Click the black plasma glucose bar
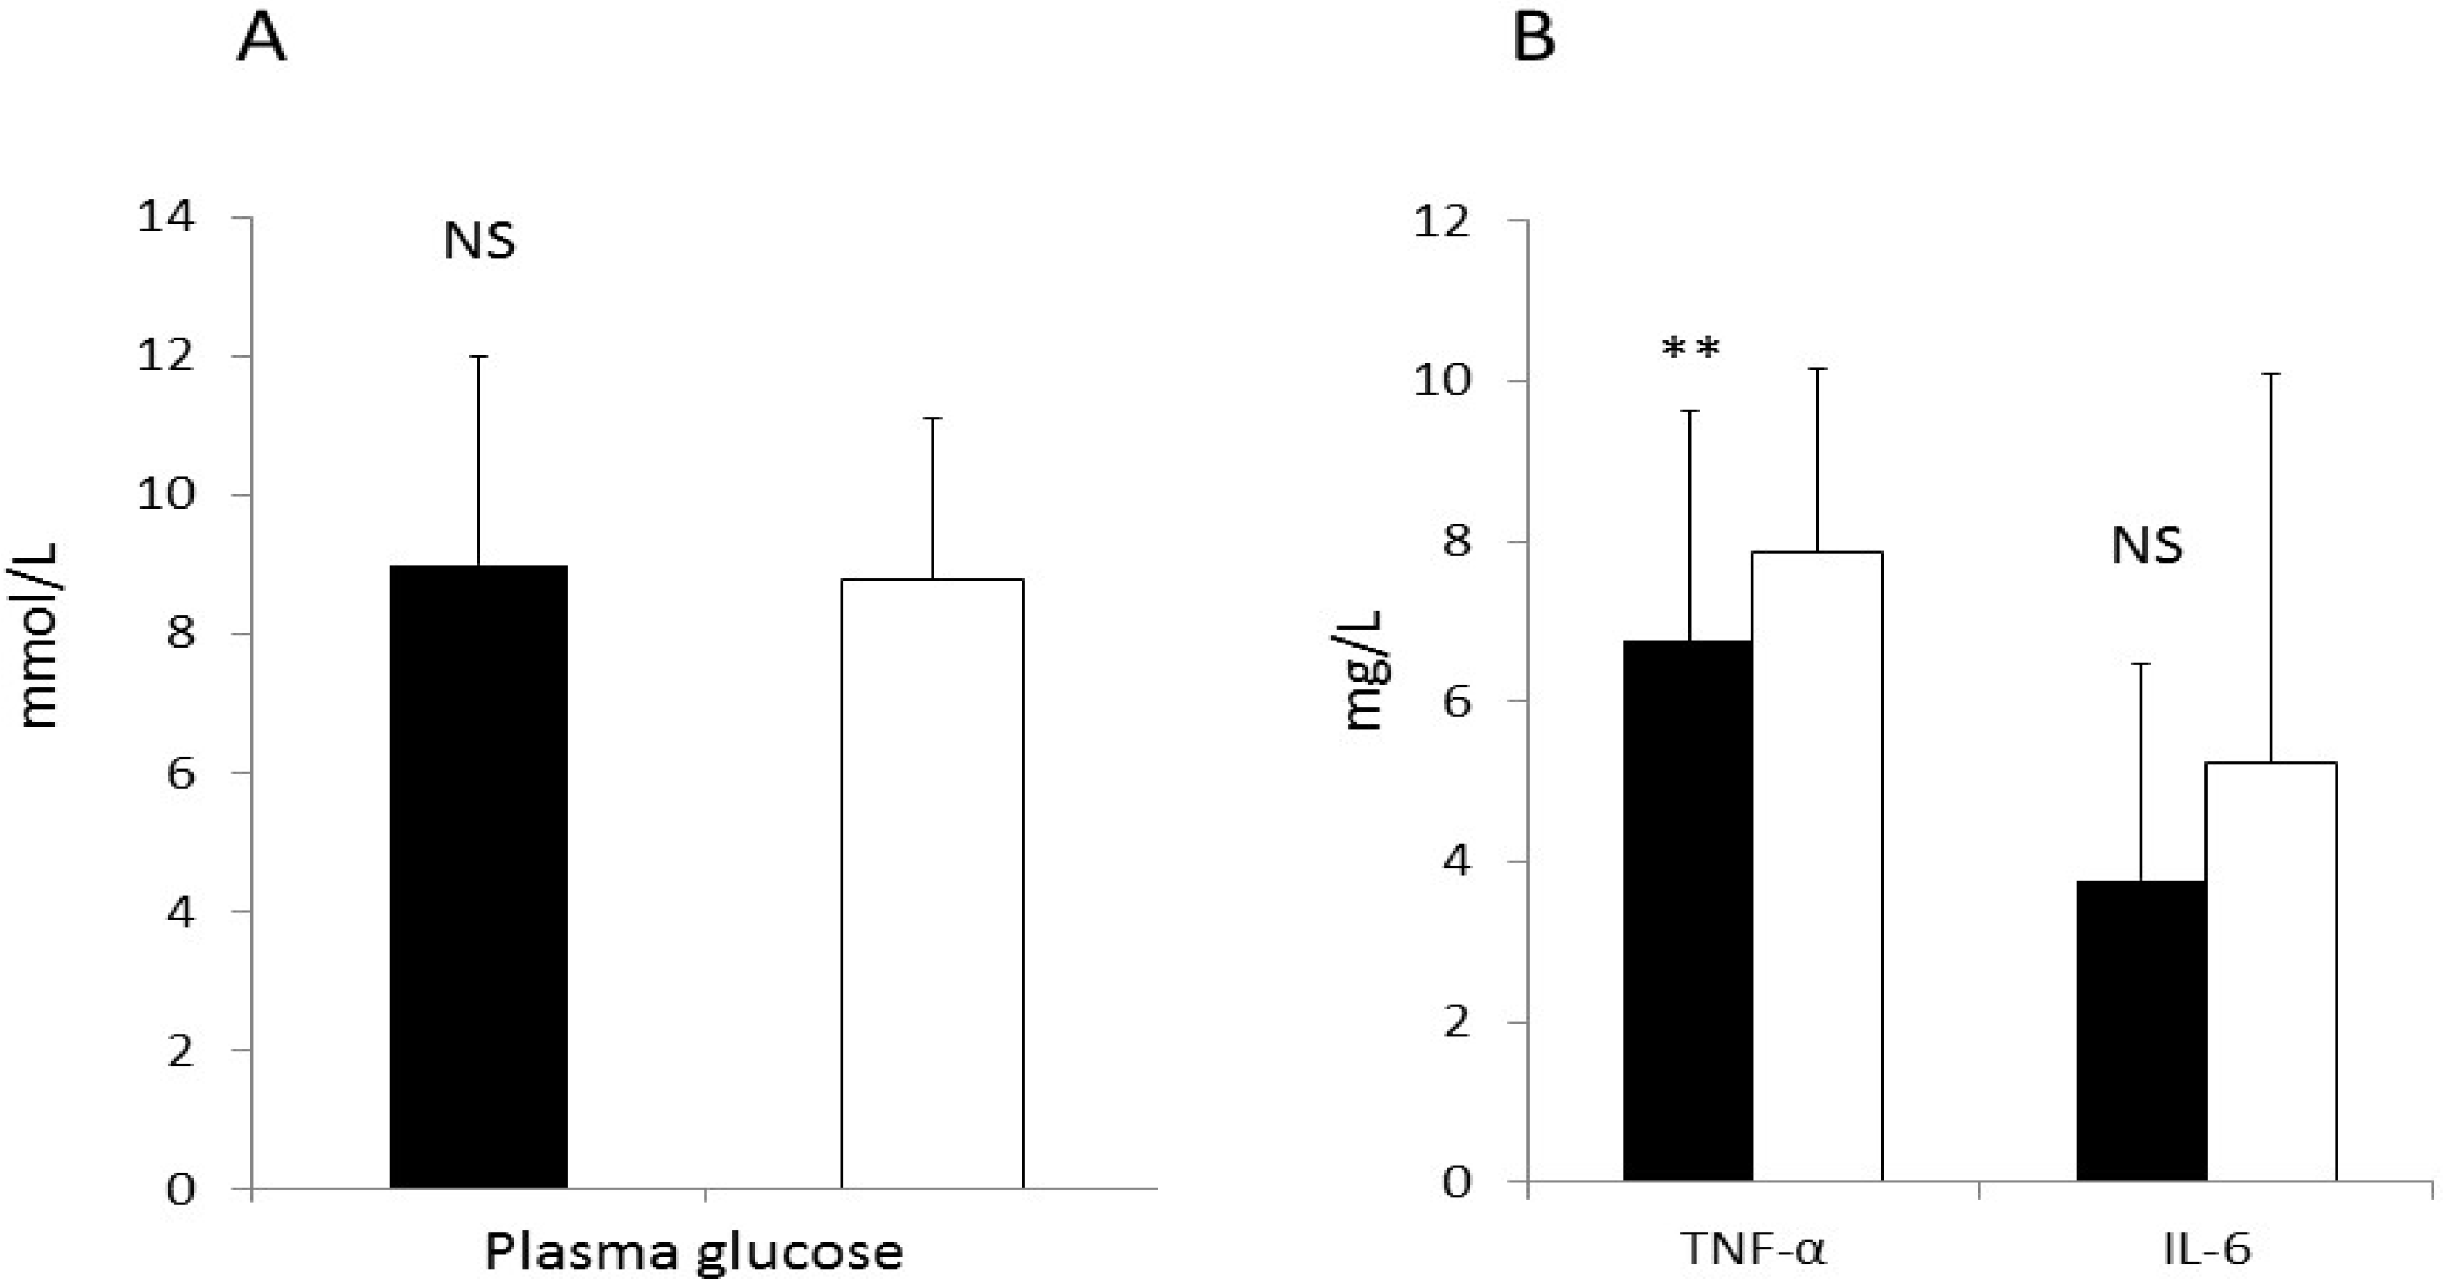479,877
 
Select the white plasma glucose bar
932,883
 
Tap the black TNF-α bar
1688,911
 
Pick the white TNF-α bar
1817,866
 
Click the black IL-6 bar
2141,1031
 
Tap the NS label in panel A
480,242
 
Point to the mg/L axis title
1365,670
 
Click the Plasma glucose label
695,1252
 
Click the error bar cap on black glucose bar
479,356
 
